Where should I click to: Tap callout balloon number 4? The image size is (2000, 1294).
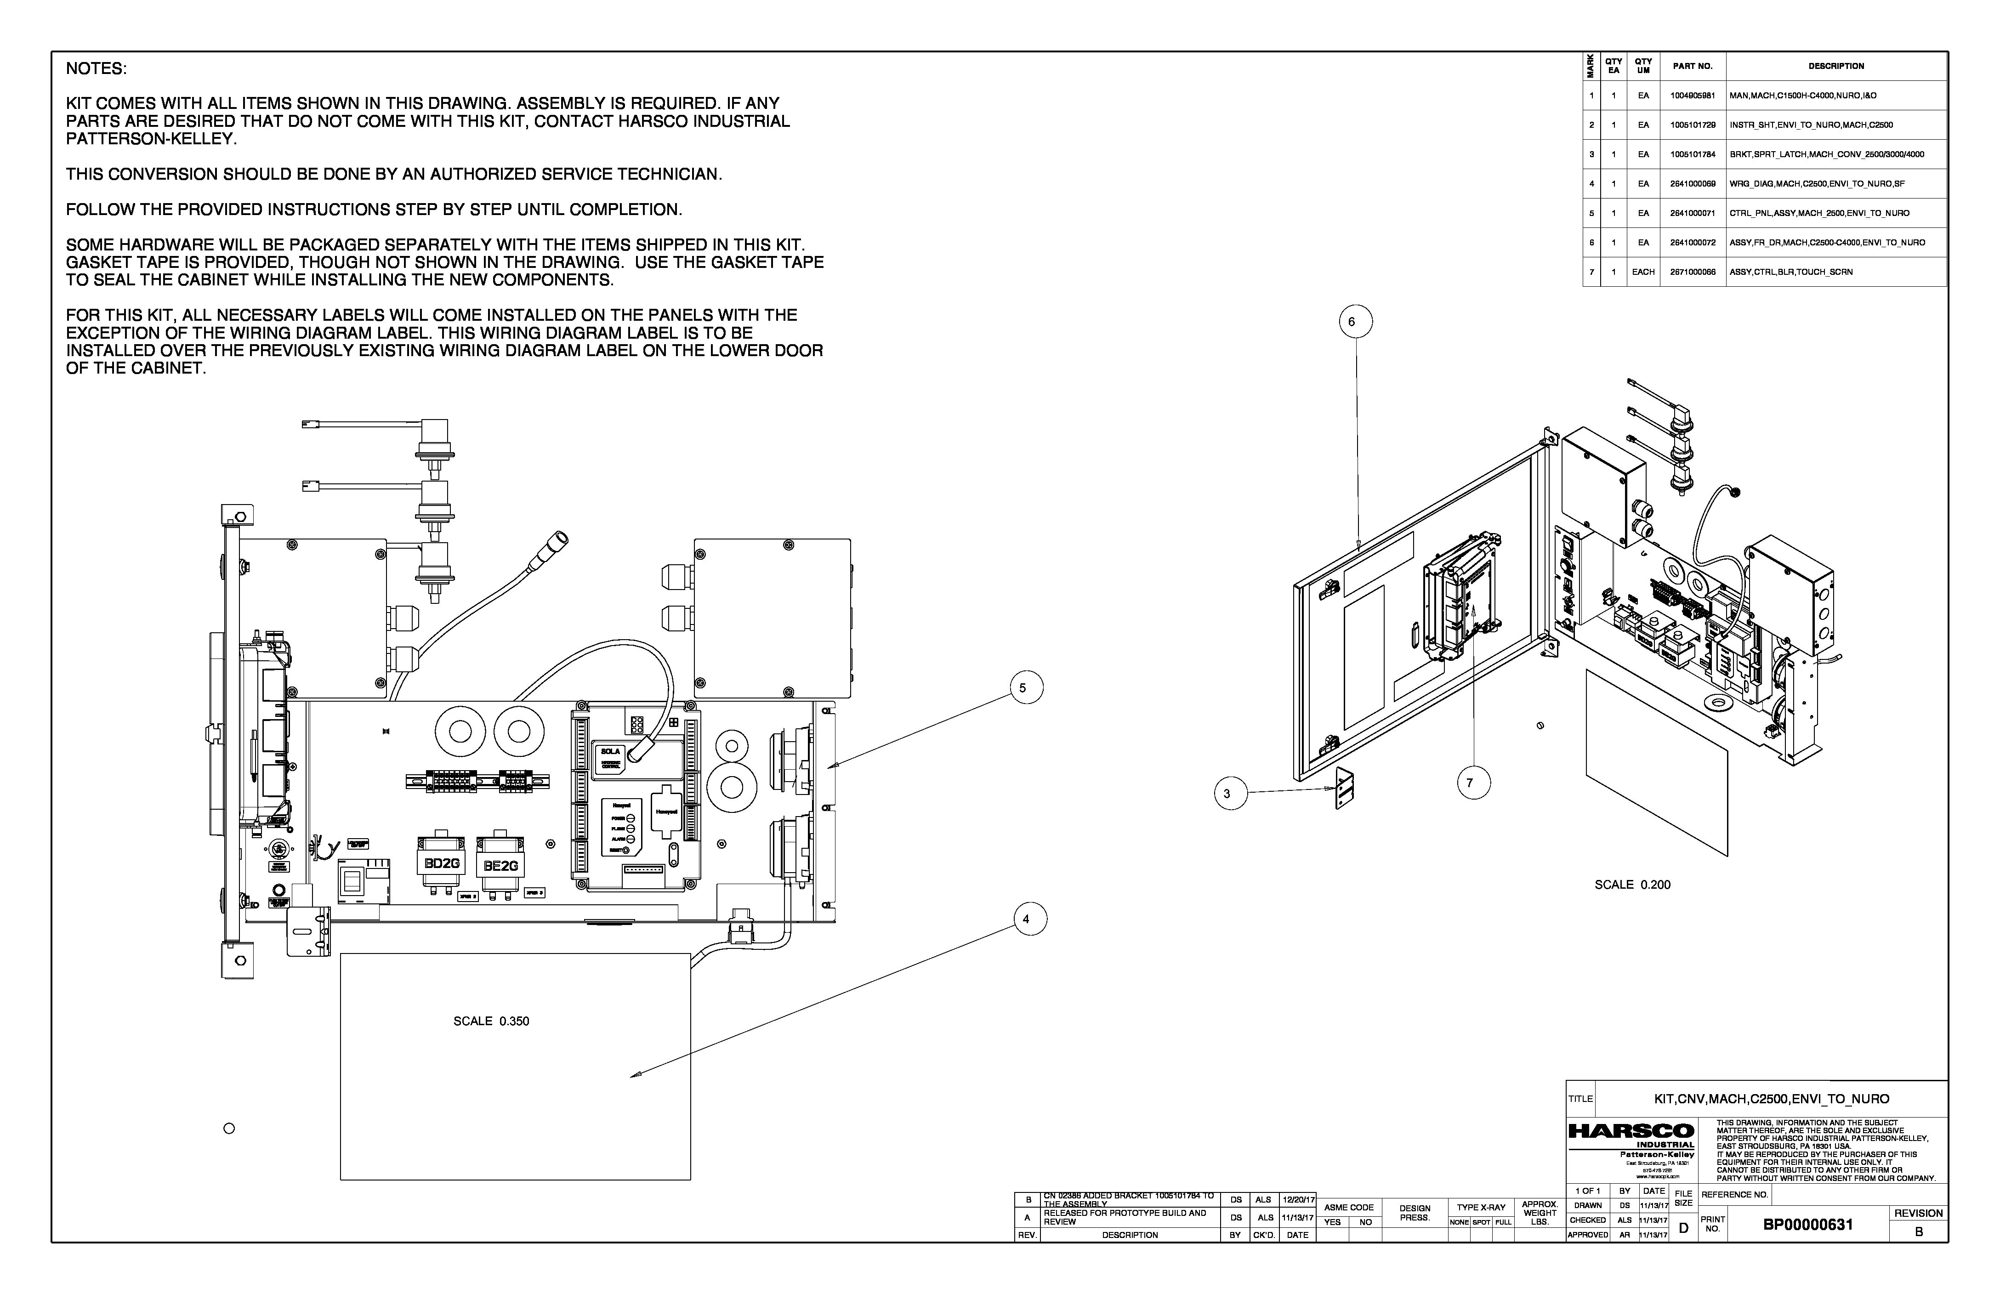[x=1026, y=919]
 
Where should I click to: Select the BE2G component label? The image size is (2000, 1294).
[x=501, y=865]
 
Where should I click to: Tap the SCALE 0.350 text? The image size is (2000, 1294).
[x=492, y=1022]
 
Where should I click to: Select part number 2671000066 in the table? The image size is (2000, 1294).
[x=1693, y=272]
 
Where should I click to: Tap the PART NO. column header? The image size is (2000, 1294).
[x=1693, y=66]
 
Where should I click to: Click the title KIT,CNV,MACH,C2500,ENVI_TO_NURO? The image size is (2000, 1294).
[x=1772, y=1099]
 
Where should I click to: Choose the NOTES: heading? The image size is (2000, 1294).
[x=96, y=69]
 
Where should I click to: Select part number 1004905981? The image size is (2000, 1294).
[x=1693, y=96]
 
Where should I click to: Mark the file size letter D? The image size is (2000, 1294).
[x=1683, y=1228]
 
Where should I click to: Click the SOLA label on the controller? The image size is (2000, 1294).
[x=610, y=751]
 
